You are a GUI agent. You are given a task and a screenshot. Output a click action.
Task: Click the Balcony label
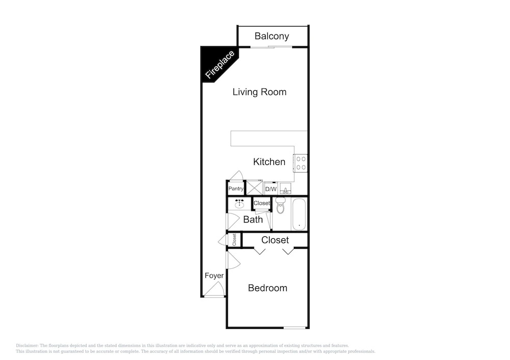point(272,36)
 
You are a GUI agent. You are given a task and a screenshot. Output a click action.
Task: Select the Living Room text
point(259,92)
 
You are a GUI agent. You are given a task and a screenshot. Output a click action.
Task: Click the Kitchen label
point(269,161)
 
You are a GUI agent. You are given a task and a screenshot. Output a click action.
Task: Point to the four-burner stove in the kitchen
point(300,163)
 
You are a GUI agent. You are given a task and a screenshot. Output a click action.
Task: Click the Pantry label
point(236,188)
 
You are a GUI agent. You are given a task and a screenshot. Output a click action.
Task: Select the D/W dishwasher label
point(271,189)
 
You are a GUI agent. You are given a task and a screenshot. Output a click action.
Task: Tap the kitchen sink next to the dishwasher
point(285,188)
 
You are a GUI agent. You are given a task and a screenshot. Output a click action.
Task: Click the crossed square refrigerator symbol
point(254,187)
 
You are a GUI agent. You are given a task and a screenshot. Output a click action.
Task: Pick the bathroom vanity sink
point(240,204)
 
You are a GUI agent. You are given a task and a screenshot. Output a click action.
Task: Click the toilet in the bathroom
point(280,205)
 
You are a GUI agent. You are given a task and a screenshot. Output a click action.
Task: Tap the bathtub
point(299,214)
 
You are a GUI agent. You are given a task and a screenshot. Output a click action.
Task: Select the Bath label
point(253,219)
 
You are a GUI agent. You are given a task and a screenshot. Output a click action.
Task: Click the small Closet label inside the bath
point(262,203)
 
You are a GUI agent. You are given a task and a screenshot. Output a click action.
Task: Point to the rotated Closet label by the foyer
point(234,240)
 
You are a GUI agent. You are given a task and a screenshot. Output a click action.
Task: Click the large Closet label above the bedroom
point(275,240)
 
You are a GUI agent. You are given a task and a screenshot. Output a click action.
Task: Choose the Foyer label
point(214,275)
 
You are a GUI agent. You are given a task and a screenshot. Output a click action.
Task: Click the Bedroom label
point(267,288)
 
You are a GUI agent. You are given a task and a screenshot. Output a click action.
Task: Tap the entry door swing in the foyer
point(214,289)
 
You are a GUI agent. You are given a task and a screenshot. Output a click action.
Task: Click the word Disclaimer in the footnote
point(27,346)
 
